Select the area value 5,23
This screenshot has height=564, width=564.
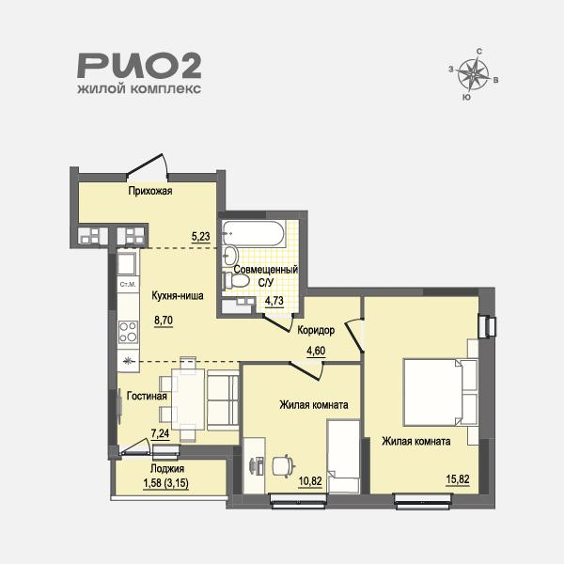(200, 237)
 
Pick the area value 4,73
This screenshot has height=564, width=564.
(274, 301)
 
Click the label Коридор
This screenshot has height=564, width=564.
(315, 331)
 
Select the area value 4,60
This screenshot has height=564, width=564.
(316, 352)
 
